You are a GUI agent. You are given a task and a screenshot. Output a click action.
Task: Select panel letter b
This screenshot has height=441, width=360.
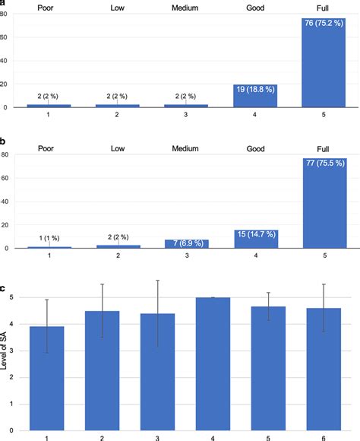tap(5, 141)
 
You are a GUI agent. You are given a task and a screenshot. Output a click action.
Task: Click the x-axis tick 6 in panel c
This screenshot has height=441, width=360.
tap(322, 436)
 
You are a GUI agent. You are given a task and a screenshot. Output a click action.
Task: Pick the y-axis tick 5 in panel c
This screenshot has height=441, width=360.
tap(11, 298)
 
